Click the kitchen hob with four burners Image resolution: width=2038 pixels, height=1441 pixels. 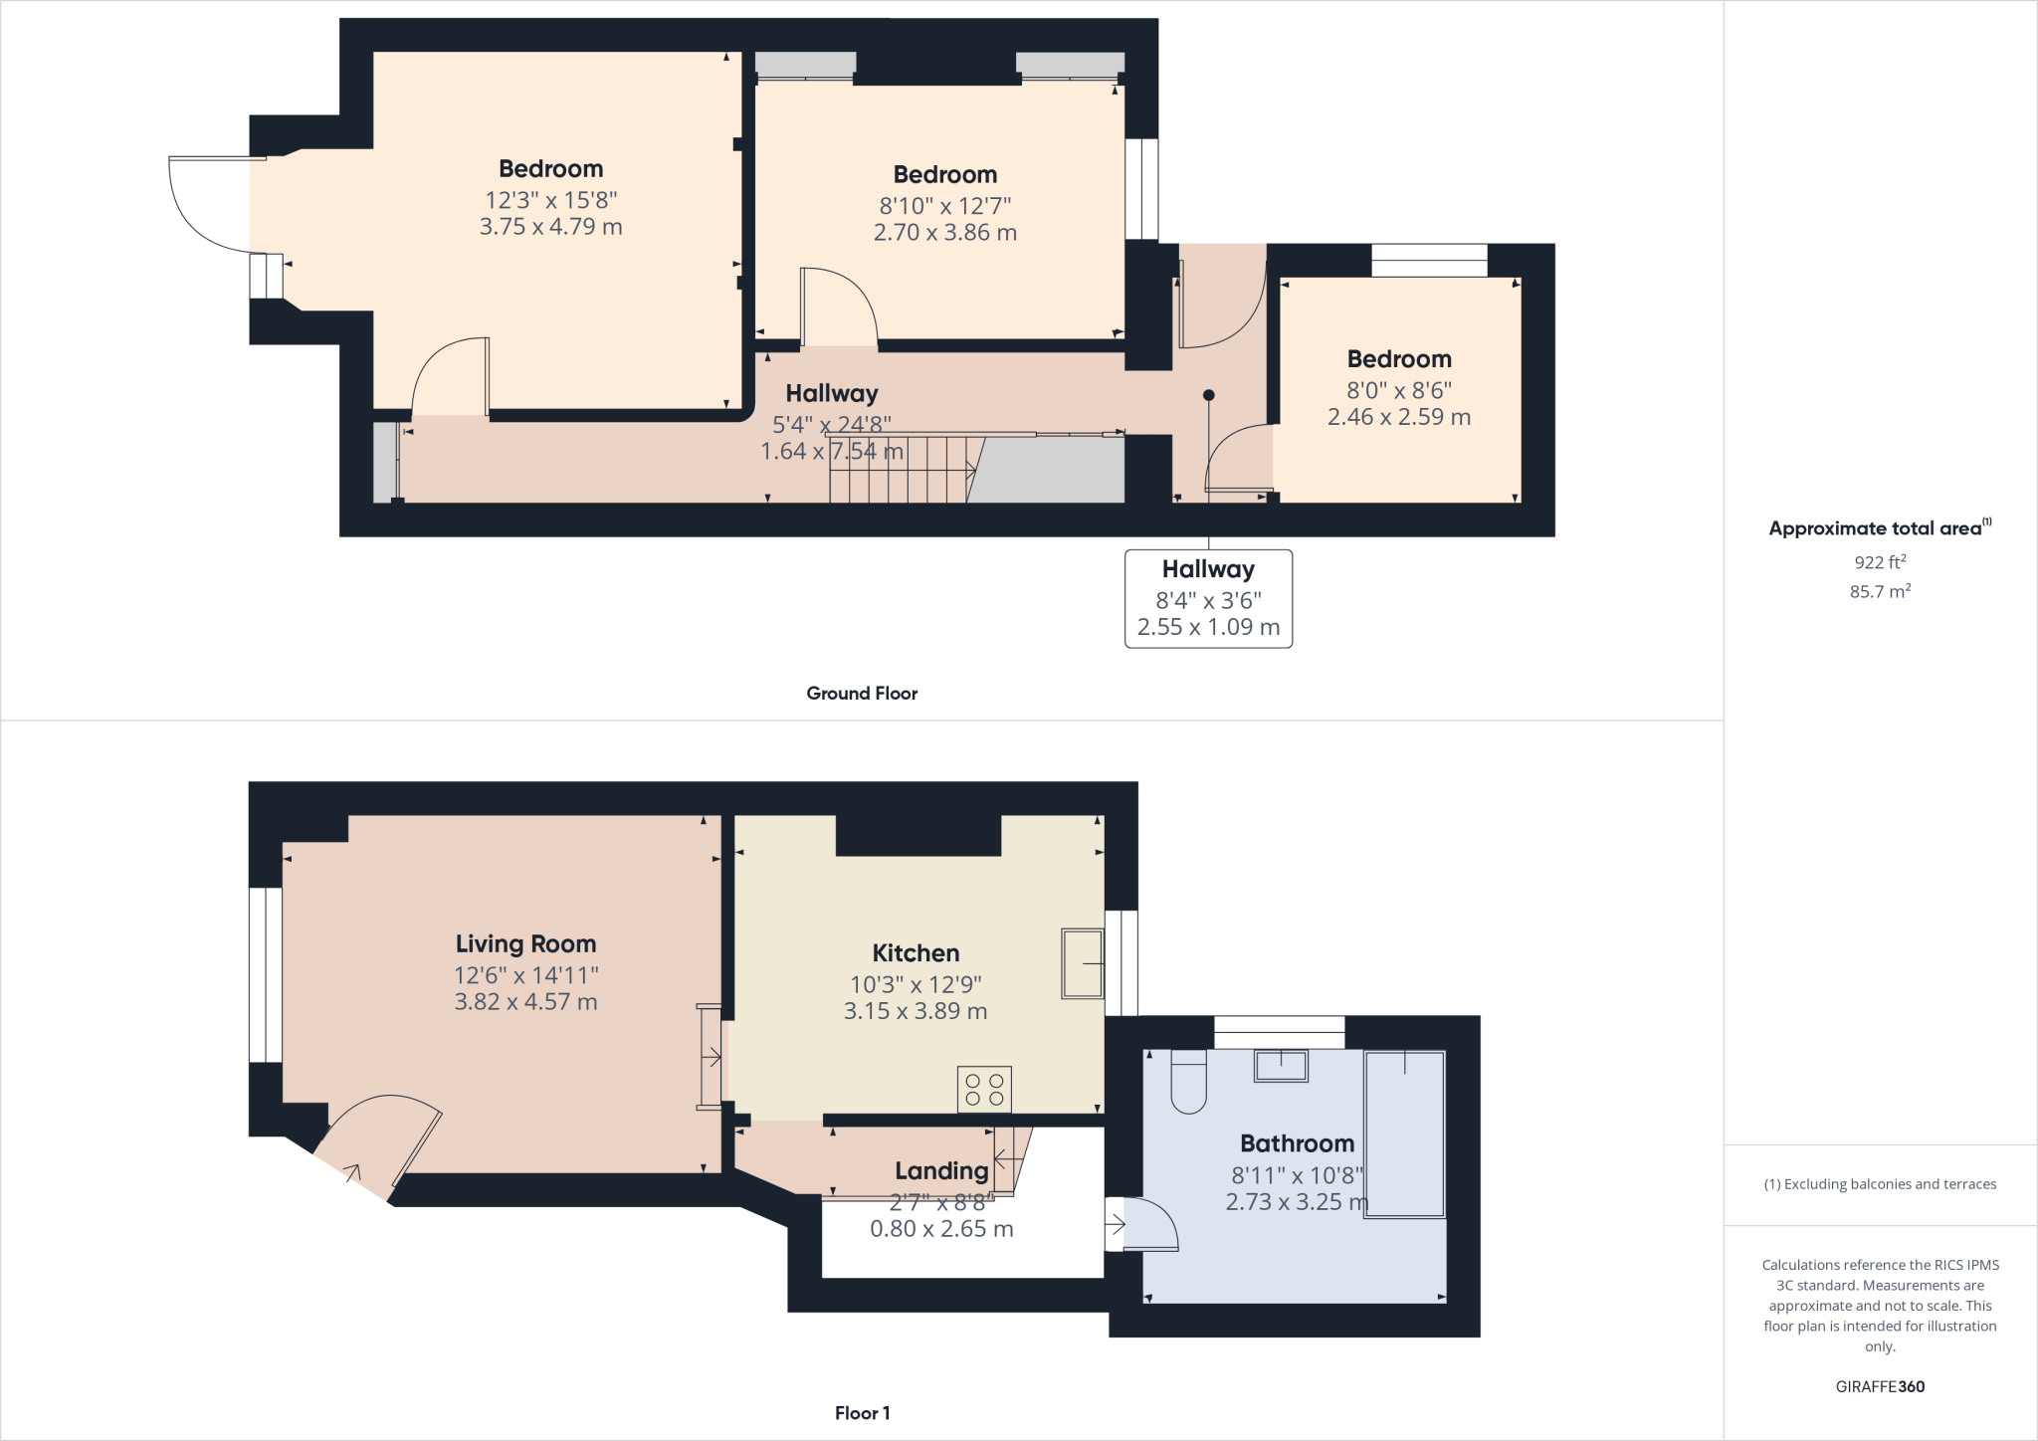(x=984, y=1089)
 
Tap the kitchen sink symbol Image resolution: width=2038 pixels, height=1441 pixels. (x=1082, y=963)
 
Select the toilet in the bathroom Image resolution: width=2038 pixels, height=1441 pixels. (x=1188, y=1082)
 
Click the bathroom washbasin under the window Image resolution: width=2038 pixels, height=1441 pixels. (x=1281, y=1066)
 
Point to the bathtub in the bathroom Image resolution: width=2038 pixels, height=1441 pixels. (x=1404, y=1134)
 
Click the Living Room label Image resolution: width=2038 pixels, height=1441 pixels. (x=525, y=943)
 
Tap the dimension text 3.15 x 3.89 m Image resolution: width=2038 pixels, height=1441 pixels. (x=915, y=1011)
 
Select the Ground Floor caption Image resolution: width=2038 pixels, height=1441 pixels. (x=862, y=694)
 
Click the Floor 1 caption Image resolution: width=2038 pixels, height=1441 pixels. (x=862, y=1413)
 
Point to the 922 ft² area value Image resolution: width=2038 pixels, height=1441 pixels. (x=1880, y=562)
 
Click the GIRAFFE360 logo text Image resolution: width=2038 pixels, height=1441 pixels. (x=1880, y=1386)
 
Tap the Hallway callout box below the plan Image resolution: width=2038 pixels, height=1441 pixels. (x=1208, y=598)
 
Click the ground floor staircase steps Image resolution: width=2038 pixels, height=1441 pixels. (x=901, y=470)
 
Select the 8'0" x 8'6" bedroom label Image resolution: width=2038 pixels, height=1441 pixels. (x=1398, y=390)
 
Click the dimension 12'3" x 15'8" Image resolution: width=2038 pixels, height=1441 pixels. (x=550, y=200)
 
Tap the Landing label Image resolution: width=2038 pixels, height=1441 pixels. (x=940, y=1171)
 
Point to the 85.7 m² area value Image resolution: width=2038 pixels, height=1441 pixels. (x=1880, y=591)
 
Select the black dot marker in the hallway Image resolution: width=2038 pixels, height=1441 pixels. (x=1208, y=395)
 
